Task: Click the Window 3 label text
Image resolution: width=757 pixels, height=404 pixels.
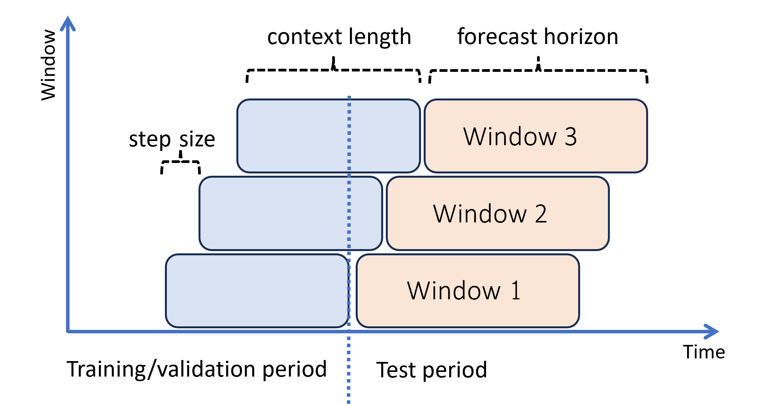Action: pos(520,136)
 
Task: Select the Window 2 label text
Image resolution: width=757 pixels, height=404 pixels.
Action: pos(490,214)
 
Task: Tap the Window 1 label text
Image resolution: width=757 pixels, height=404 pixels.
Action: pos(463,290)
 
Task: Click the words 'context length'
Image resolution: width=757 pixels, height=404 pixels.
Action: pos(339,37)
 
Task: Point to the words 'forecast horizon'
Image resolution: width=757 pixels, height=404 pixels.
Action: pos(537,37)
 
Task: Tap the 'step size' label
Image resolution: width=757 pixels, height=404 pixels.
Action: pos(171,139)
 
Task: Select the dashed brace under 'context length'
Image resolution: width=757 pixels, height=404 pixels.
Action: pos(334,70)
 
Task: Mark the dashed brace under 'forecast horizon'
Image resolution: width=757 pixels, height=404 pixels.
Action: pos(538,70)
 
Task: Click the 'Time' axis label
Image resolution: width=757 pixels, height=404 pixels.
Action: pos(703,352)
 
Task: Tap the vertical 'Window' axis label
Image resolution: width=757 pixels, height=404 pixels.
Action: pos(49,65)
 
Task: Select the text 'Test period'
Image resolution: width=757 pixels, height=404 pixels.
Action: pos(431,370)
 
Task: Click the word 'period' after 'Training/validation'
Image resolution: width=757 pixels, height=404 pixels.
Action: pos(294,369)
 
